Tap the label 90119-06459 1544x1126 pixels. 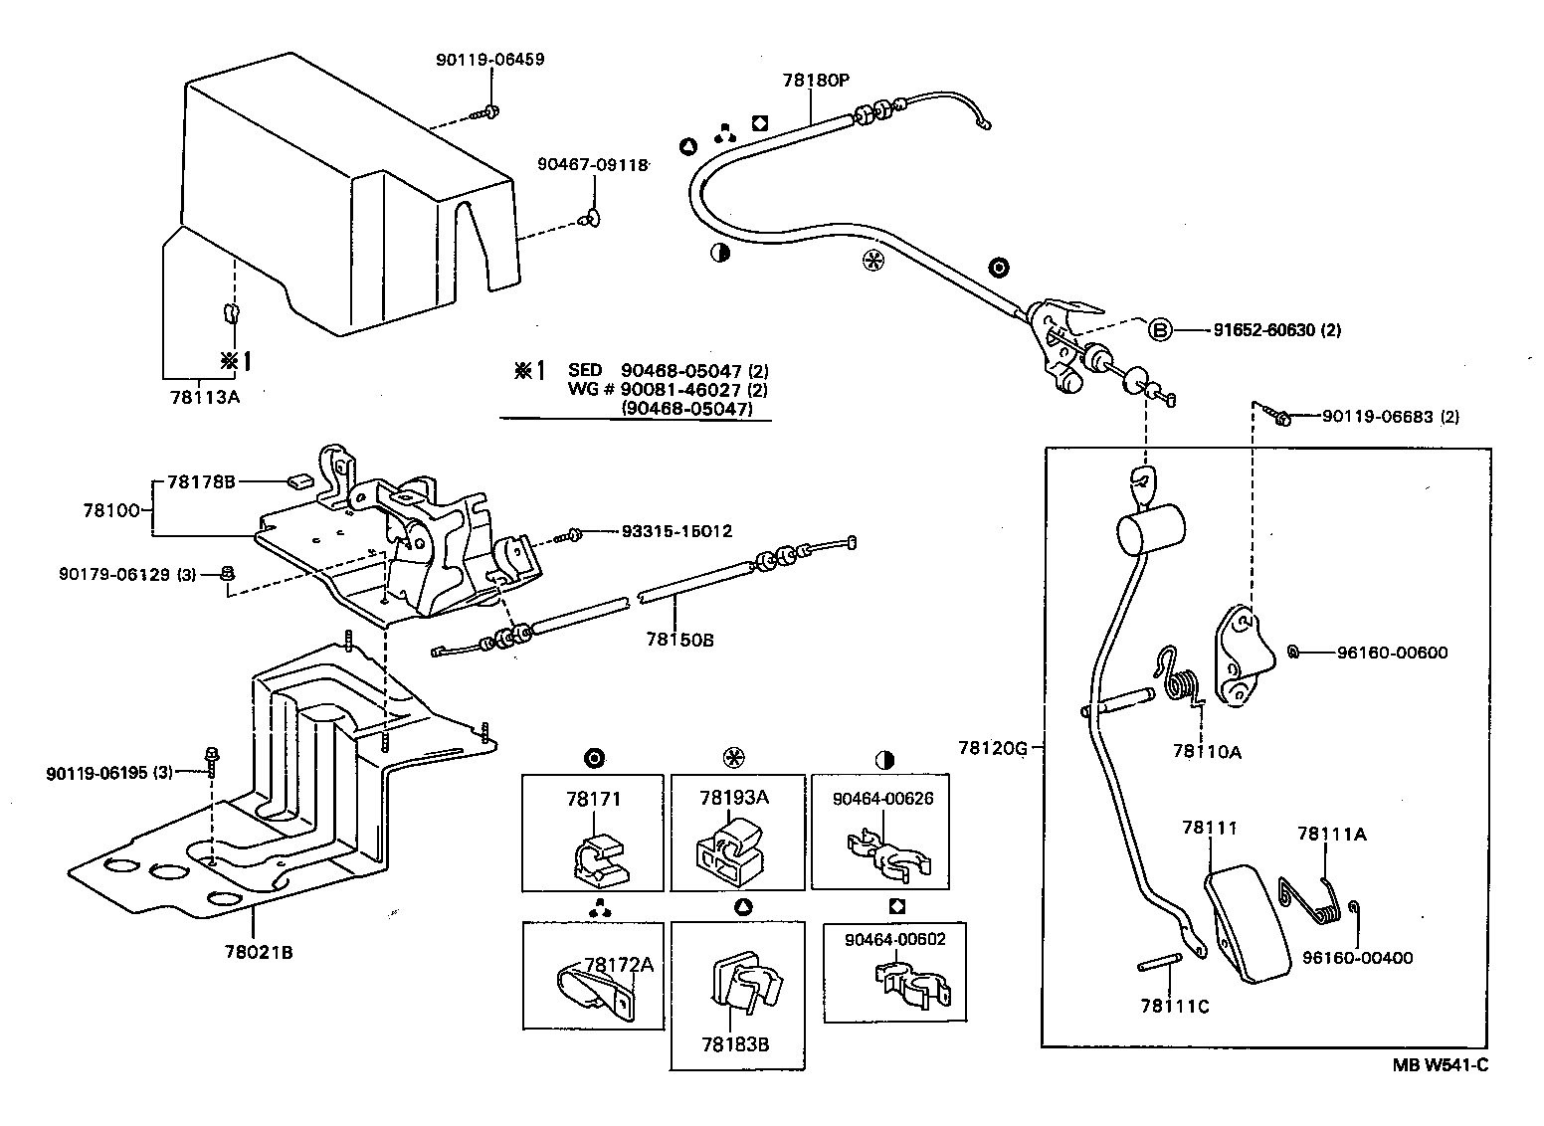click(489, 60)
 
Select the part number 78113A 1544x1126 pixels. click(205, 395)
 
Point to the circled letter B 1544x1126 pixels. click(1160, 330)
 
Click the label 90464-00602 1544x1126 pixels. click(895, 939)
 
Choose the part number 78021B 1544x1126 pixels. click(259, 951)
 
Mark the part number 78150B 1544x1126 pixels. click(679, 640)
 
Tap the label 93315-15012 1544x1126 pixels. click(676, 532)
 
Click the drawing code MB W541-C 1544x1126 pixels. click(1440, 1065)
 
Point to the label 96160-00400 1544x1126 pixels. click(1357, 958)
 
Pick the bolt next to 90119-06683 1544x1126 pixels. click(1281, 418)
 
